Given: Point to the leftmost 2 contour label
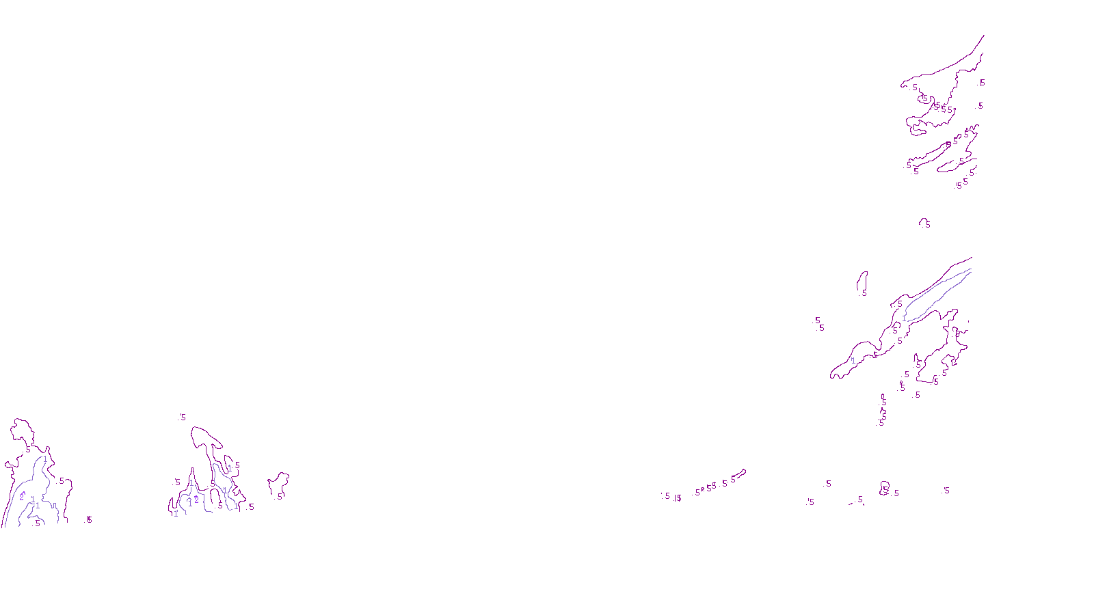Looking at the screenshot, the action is coord(21,497).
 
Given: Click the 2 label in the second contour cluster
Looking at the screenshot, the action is coord(196,500).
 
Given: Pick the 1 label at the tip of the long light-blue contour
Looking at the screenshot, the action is coord(904,318).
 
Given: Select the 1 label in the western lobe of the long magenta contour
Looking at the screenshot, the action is coord(853,360).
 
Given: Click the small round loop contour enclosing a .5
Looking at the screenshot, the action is coord(885,487).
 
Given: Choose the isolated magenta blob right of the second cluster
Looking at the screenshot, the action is coord(278,485).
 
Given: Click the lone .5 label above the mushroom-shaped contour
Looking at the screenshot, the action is coord(183,417).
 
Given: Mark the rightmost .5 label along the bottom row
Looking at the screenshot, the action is coord(946,491).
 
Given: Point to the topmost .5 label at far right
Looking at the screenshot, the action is coord(983,83).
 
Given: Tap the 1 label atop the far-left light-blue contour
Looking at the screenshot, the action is coord(45,459).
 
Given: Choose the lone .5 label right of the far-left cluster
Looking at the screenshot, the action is coord(89,520).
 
